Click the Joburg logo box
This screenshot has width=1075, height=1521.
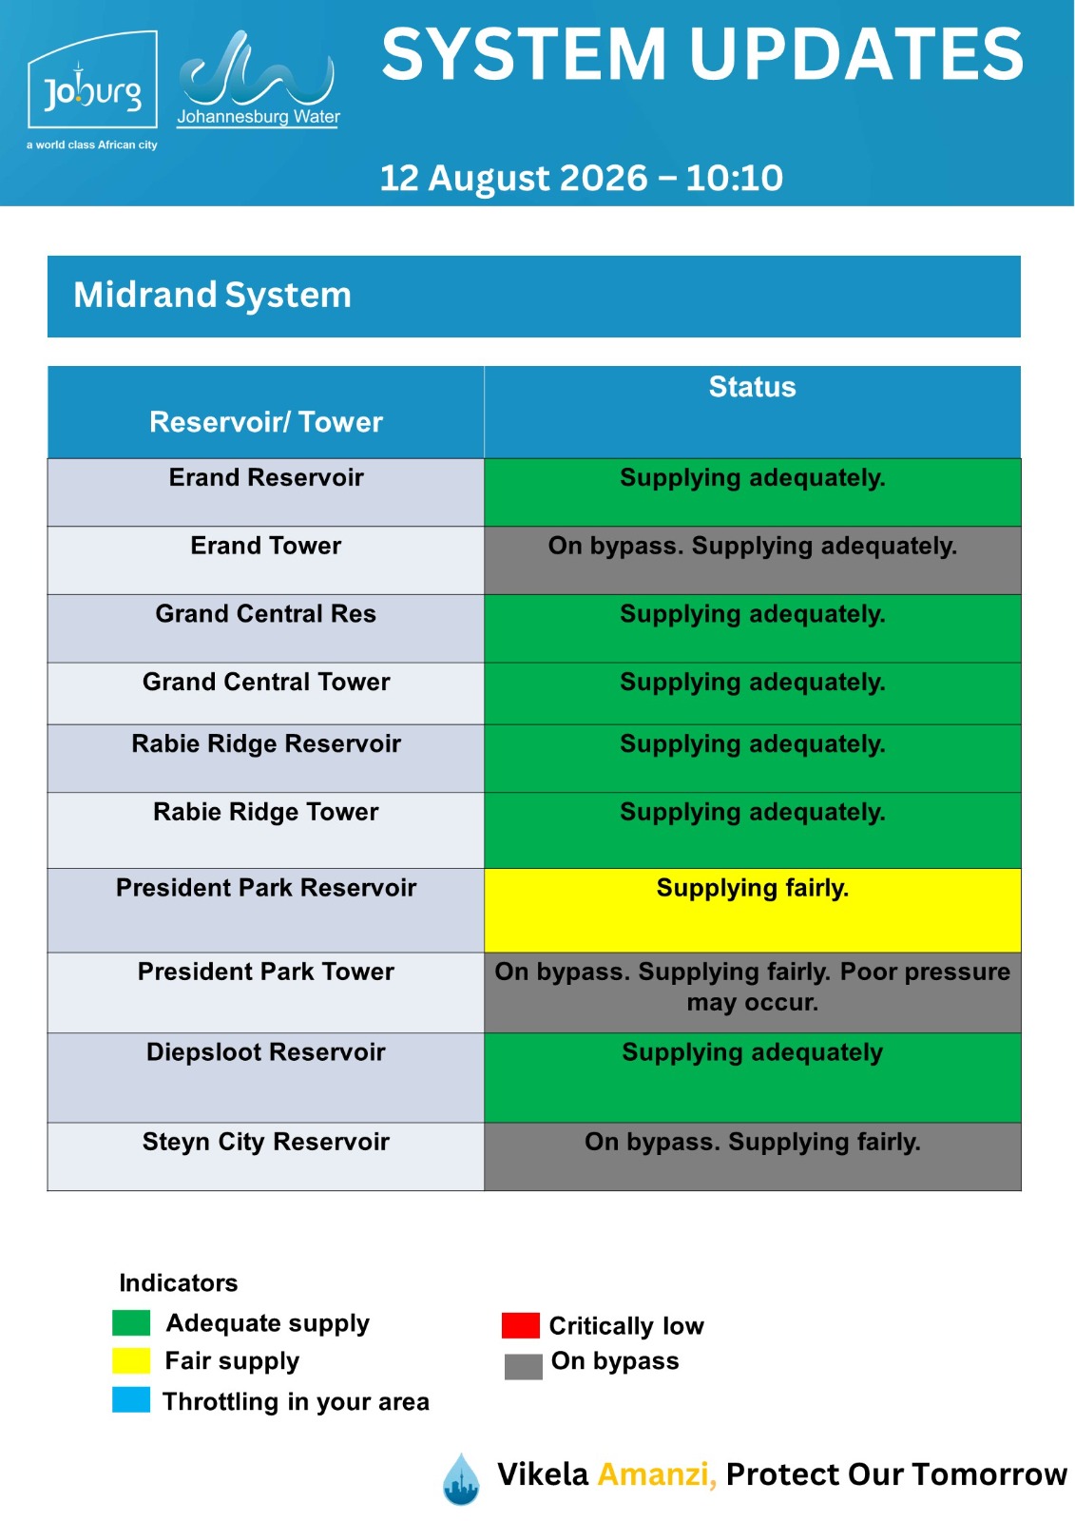click(92, 80)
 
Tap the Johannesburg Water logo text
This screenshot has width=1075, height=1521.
click(258, 117)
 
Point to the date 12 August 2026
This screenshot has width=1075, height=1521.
click(513, 178)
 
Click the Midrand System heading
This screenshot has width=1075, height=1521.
click(212, 296)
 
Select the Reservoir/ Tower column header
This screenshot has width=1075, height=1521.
click(265, 422)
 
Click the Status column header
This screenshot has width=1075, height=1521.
click(752, 387)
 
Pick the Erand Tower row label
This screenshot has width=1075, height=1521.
click(265, 546)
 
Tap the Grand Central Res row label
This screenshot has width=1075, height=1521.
click(265, 614)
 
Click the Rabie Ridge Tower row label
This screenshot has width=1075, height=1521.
click(265, 812)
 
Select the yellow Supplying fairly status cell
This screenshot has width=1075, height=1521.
click(753, 910)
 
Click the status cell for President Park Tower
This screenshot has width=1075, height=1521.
click(753, 992)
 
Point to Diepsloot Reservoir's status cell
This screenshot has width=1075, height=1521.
click(753, 1078)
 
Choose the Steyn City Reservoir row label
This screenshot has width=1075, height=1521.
click(265, 1142)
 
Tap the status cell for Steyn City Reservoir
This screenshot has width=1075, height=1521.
click(753, 1157)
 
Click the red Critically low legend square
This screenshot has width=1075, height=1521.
click(520, 1325)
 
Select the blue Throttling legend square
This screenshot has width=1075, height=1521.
click(131, 1400)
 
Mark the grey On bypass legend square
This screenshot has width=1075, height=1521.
click(524, 1367)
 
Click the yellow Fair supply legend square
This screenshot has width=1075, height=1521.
click(131, 1360)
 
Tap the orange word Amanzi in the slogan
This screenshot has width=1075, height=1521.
click(657, 1474)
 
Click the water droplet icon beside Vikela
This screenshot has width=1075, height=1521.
click(461, 1479)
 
